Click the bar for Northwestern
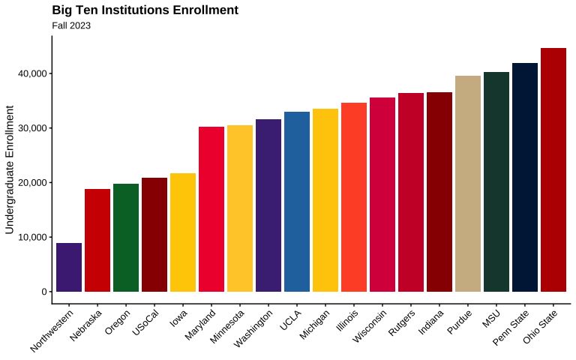coord(69,267)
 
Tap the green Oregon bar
coord(126,238)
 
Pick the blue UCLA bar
coord(297,202)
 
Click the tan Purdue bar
coord(468,184)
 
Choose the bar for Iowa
coord(183,232)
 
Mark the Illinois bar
coord(354,197)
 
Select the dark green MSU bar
coord(496,181)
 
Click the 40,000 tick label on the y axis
coord(31,73)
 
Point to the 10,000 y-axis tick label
coord(31,237)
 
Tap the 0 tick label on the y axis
coord(45,292)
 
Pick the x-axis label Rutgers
coord(401,323)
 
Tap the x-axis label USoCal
coord(145,322)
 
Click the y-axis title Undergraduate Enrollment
coord(10,169)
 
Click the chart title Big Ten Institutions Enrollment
coord(145,10)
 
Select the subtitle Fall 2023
coord(71,25)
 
